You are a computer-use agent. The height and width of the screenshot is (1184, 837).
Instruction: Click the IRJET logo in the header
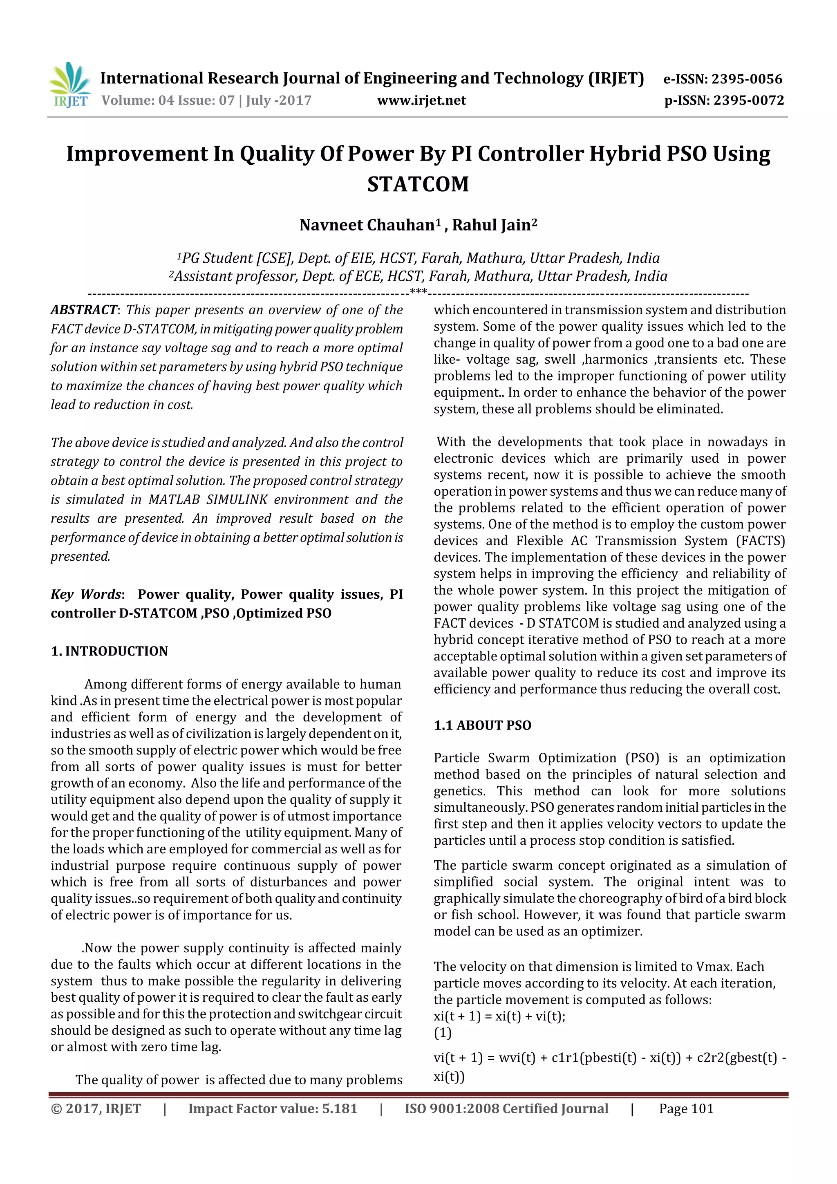point(69,85)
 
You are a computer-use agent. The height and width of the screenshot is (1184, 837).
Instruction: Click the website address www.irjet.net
point(421,101)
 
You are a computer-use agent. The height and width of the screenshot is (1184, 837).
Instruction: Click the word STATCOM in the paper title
point(418,184)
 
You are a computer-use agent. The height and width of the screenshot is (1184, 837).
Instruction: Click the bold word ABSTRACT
point(83,310)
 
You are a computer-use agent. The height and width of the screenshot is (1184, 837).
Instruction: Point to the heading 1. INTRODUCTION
point(110,651)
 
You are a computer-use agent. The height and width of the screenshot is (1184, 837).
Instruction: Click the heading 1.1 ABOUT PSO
point(482,725)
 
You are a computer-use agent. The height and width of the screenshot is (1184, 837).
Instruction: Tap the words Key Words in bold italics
point(85,595)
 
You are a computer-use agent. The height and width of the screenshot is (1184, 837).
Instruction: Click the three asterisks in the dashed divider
point(418,292)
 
